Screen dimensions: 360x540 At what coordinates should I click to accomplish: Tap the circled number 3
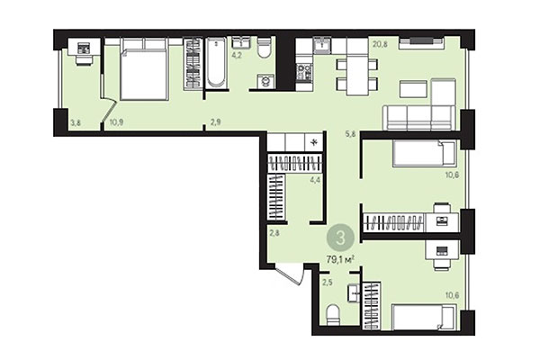click(339, 238)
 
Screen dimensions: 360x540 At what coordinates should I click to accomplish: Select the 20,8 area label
click(380, 43)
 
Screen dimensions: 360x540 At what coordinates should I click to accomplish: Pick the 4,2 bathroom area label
click(237, 55)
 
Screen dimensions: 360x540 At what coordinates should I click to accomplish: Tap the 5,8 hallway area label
click(350, 135)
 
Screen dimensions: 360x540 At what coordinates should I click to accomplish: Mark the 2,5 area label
click(328, 283)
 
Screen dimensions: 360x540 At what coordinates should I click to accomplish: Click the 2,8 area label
click(274, 233)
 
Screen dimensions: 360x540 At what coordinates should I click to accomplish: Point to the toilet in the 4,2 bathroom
click(265, 49)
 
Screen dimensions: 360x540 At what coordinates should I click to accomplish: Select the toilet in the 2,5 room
click(331, 315)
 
